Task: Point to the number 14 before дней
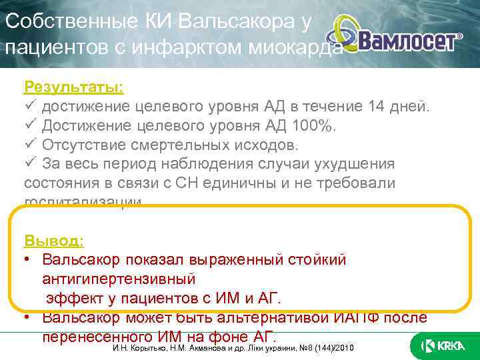376,107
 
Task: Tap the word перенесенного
97,336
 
